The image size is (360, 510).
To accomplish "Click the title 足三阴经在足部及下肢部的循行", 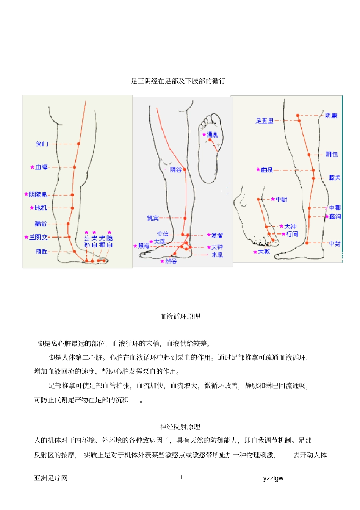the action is pyautogui.click(x=178, y=81).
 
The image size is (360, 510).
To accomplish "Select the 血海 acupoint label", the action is pyautogui.click(x=41, y=167).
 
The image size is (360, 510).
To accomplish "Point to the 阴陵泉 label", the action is pyautogui.click(x=38, y=195).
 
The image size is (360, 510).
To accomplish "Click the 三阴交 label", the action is pyautogui.click(x=39, y=237).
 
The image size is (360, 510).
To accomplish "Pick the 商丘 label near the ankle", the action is pyautogui.click(x=41, y=251).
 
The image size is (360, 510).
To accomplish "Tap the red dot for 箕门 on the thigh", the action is pyautogui.click(x=78, y=144).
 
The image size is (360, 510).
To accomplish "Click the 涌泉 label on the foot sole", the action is pyautogui.click(x=212, y=135).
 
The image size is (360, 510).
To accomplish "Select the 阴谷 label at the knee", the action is pyautogui.click(x=175, y=170).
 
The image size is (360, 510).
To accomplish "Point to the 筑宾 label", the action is pyautogui.click(x=153, y=218).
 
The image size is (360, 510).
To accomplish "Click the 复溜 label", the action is pyautogui.click(x=217, y=235).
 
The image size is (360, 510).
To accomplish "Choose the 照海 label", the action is pyautogui.click(x=144, y=246).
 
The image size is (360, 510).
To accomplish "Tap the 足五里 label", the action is pyautogui.click(x=265, y=121).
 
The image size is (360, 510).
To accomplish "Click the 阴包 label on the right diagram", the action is pyautogui.click(x=332, y=154).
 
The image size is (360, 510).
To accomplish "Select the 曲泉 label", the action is pyautogui.click(x=267, y=170).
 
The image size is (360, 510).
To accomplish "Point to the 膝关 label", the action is pyautogui.click(x=335, y=178).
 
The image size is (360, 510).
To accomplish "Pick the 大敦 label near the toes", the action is pyautogui.click(x=264, y=252).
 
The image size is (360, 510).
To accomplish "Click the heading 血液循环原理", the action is pyautogui.click(x=180, y=317).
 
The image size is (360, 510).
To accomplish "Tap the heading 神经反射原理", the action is pyautogui.click(x=180, y=427).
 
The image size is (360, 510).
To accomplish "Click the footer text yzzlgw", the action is pyautogui.click(x=273, y=478).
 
